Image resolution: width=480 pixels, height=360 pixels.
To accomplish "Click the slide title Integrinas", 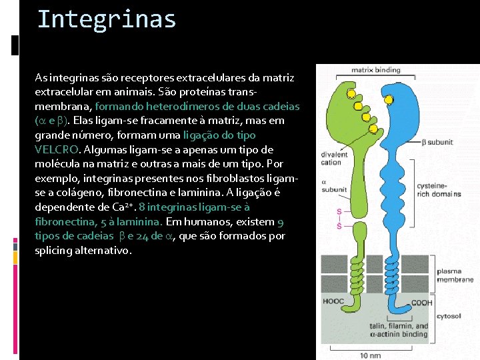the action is [107, 19].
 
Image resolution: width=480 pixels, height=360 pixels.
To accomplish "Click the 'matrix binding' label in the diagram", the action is [376, 69].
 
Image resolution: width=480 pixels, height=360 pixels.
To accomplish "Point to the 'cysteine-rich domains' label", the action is [438, 190].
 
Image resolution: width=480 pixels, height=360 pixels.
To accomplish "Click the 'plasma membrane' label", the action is [455, 275].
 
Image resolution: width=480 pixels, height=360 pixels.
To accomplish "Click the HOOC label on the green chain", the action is [334, 302].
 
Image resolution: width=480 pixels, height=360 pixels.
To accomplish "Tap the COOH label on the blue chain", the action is [421, 303].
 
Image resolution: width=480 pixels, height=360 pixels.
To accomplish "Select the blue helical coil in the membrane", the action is [395, 274].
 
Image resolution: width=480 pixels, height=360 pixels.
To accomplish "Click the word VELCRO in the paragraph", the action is [57, 149].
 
